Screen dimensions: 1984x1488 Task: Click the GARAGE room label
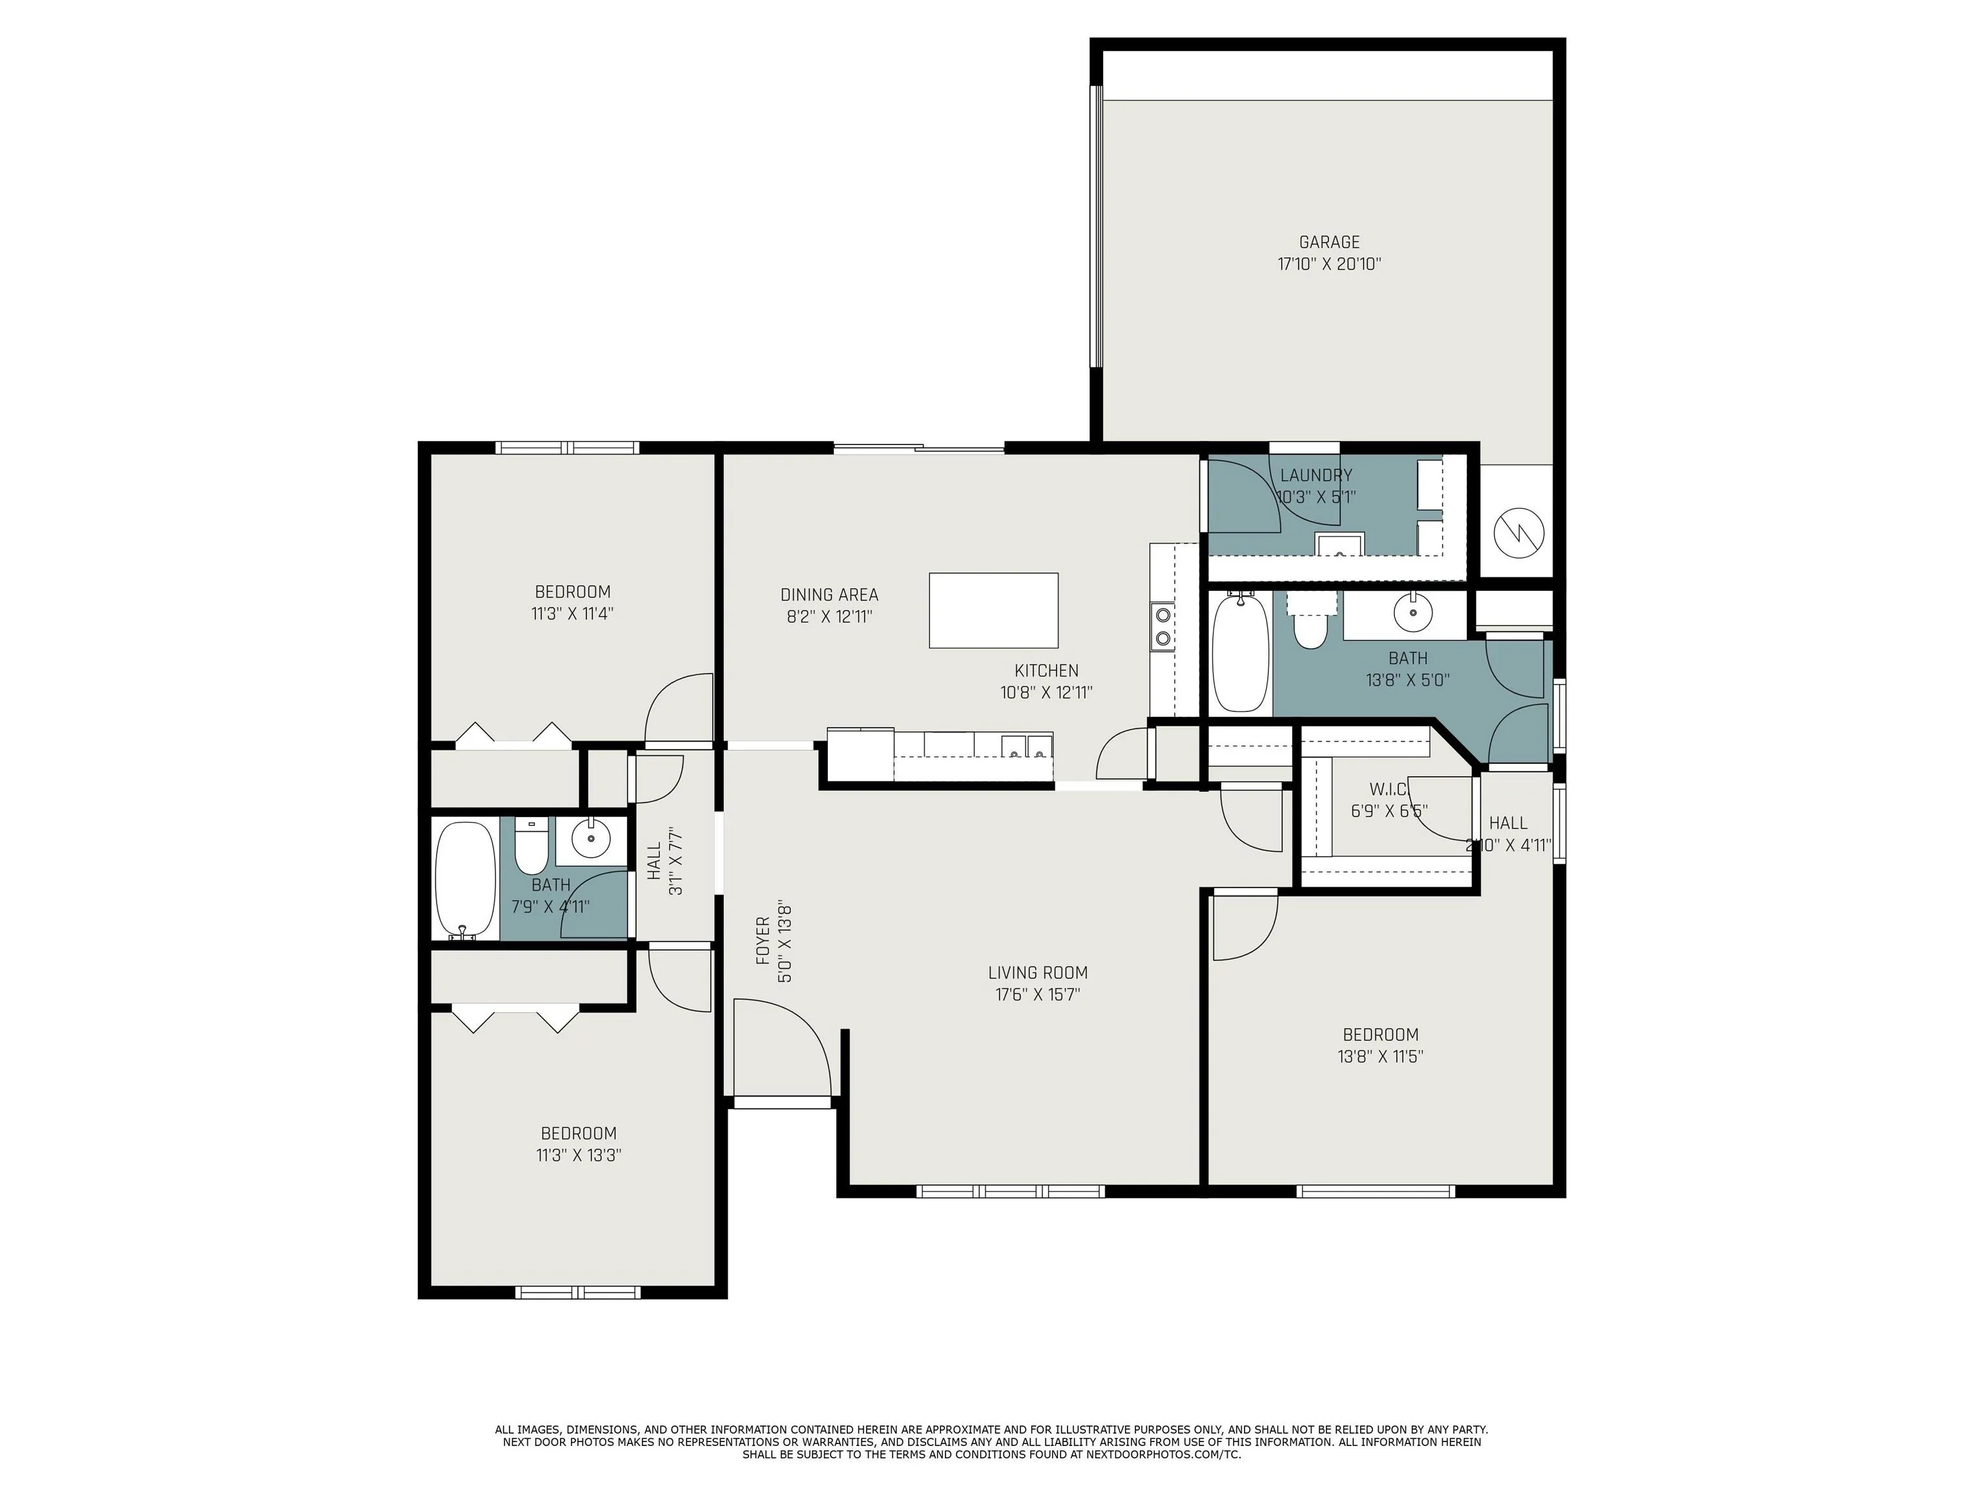pos(1329,242)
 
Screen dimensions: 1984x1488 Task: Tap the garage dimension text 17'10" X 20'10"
pos(1329,265)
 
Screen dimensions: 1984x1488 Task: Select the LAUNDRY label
pos(1316,475)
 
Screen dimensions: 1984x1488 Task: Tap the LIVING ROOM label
pos(1038,972)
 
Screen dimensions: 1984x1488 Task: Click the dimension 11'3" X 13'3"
pos(579,1155)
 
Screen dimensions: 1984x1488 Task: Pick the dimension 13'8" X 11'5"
pos(1380,1057)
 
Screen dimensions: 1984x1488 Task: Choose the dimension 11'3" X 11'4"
pos(572,614)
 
